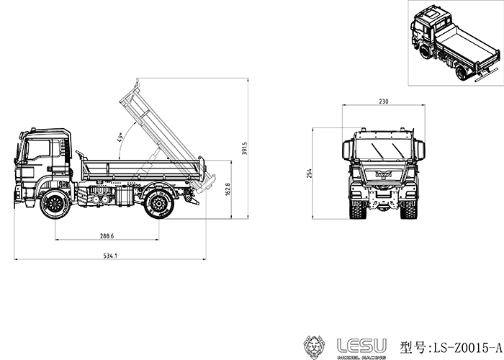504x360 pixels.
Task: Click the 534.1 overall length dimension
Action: tap(110, 256)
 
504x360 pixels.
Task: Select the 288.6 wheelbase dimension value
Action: tap(107, 236)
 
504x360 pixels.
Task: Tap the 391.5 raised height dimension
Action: tap(244, 148)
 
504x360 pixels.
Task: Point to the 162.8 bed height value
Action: tap(228, 189)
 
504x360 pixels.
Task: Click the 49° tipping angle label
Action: tap(120, 137)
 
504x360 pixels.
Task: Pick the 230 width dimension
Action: tap(384, 102)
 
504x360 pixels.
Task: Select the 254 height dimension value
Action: tap(309, 174)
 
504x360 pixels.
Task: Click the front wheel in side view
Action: tap(55, 204)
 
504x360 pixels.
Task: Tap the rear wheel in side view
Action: tap(159, 204)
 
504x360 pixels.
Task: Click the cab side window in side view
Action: tap(38, 150)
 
